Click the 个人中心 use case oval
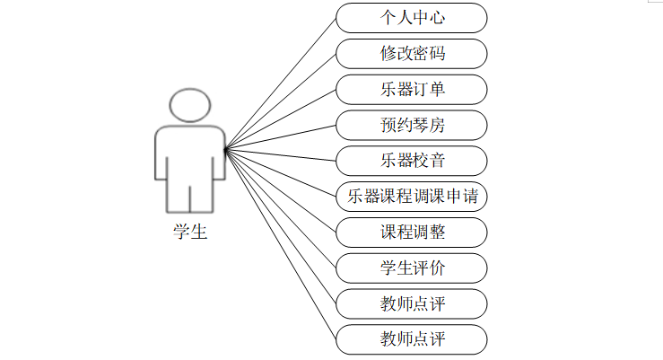(412, 17)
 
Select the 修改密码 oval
(412, 53)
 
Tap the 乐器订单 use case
(412, 89)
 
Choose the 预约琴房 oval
(412, 125)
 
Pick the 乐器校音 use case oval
(412, 161)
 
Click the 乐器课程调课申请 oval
(412, 197)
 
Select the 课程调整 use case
(412, 233)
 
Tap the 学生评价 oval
(412, 268)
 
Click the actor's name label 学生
(190, 233)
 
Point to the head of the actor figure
(190, 106)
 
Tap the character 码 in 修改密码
(437, 53)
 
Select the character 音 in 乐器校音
(437, 161)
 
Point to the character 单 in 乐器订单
(437, 89)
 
